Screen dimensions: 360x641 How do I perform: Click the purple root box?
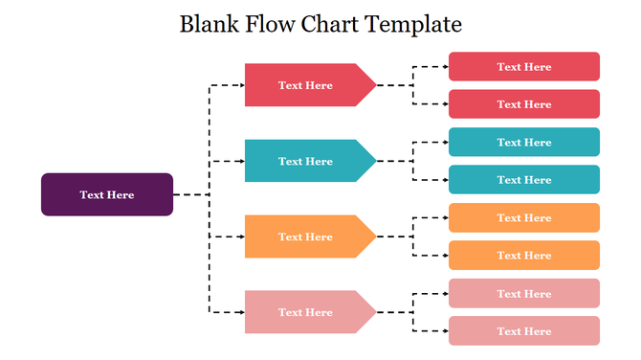tap(107, 194)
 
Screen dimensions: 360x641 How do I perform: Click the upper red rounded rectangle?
tap(524, 67)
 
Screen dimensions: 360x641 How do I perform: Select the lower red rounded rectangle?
tap(524, 104)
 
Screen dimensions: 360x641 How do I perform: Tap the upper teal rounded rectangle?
tap(524, 143)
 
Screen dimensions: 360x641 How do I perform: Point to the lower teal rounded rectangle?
tap(524, 180)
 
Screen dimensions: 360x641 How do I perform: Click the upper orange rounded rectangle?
tap(524, 218)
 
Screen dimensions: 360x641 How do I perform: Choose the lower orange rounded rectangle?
tap(524, 256)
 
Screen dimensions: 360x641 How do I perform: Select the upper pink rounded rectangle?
tap(524, 294)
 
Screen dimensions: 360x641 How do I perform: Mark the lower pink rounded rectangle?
tap(524, 331)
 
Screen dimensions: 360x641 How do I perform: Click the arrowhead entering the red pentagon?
tap(240, 85)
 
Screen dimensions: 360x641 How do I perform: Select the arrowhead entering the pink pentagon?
tap(240, 312)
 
